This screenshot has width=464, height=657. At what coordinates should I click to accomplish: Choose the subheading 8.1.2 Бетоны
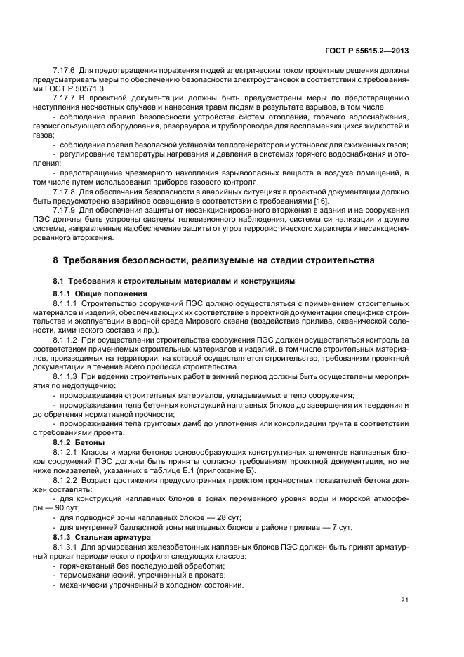coord(79,443)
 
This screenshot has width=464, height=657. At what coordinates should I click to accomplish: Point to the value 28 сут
coord(205,517)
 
